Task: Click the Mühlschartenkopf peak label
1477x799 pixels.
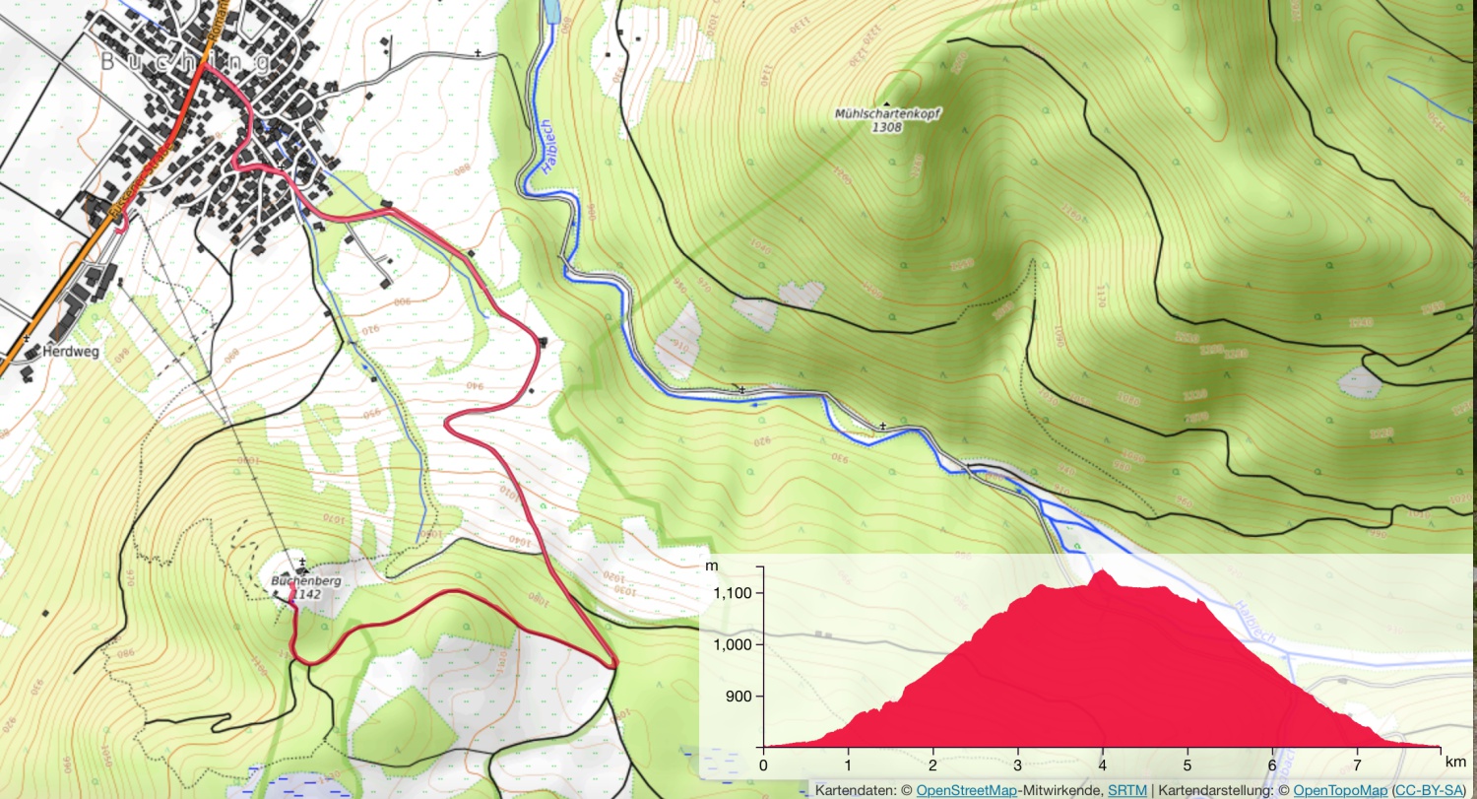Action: click(887, 114)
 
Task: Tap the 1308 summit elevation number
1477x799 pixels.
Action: click(887, 128)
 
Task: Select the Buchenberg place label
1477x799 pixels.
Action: click(306, 581)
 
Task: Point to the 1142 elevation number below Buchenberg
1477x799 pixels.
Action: click(307, 594)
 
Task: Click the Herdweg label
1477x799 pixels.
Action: click(70, 351)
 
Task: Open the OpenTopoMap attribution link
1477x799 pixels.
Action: click(1339, 790)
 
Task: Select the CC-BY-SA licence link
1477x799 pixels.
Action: click(1432, 790)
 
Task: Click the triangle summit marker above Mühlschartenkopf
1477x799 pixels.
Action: click(887, 103)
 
